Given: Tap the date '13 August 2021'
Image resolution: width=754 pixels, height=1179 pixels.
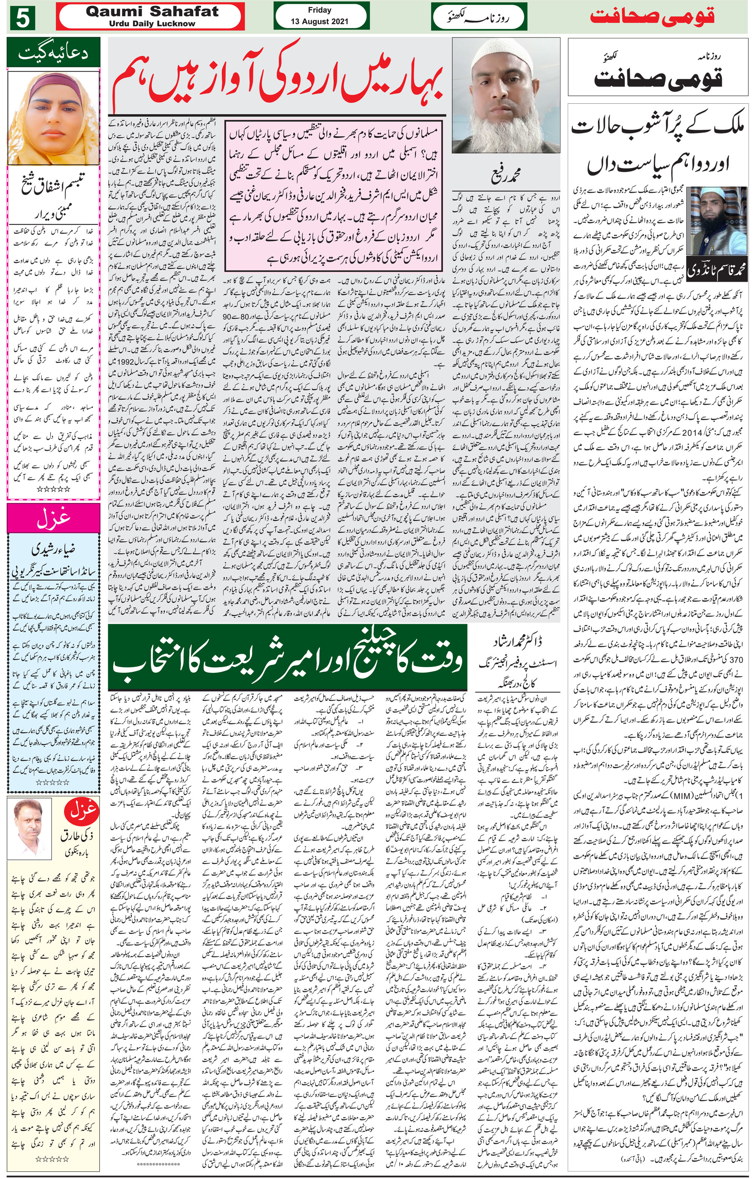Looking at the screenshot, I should tap(319, 23).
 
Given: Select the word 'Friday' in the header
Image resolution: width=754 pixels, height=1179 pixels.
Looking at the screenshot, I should tap(319, 10).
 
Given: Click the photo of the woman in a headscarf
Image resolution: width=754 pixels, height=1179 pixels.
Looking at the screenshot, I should tap(53, 119).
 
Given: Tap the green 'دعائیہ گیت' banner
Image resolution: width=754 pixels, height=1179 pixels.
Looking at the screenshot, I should tap(53, 54).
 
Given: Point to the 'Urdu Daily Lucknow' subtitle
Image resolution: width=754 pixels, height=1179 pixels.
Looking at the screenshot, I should tap(151, 23).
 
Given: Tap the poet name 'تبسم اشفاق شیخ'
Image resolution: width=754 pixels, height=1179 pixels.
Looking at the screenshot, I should tap(53, 187).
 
